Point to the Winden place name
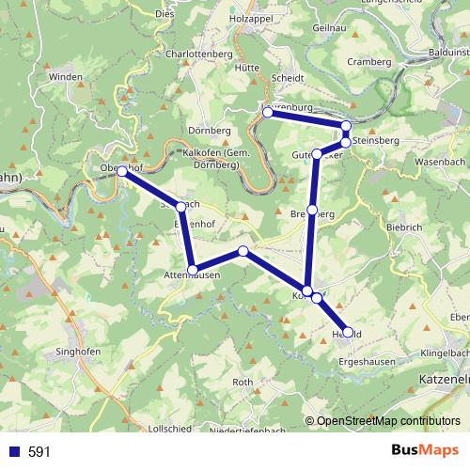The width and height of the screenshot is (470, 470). pos(67,76)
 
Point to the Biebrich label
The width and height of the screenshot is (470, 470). pos(405,227)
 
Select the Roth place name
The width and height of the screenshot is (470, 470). pos(243,382)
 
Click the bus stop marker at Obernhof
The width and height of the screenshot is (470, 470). pos(121,171)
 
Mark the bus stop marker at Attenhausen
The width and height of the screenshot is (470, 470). pos(193,271)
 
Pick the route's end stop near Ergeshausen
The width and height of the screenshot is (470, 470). pos(348,332)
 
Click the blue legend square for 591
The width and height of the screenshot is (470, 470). pos(13,452)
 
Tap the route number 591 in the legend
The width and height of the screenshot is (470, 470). pos(39,452)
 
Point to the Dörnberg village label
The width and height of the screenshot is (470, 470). pos(209,130)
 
